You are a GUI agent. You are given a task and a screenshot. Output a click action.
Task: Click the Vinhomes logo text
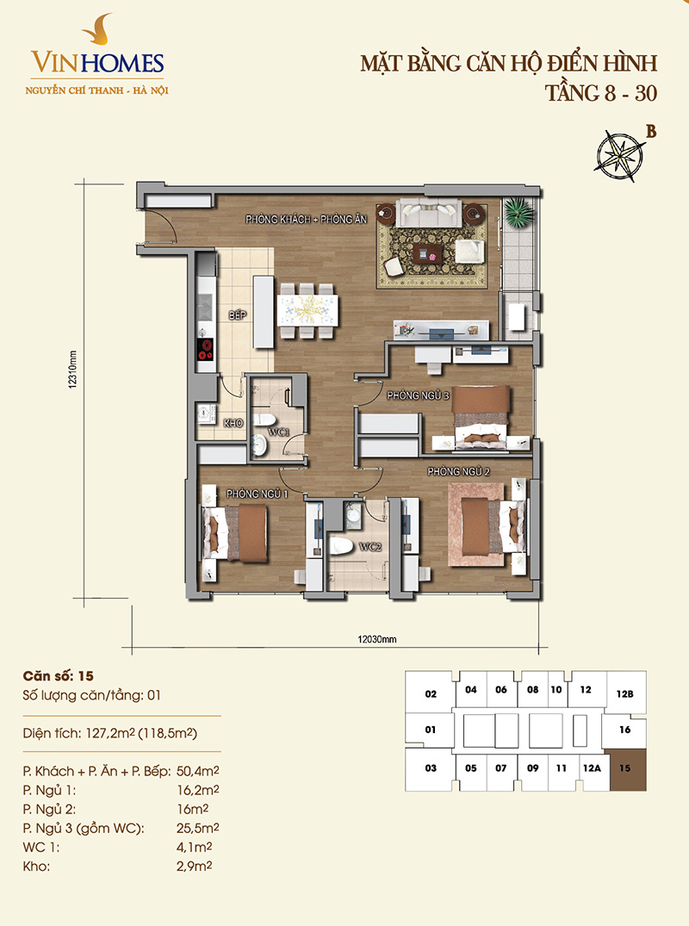pos(97,63)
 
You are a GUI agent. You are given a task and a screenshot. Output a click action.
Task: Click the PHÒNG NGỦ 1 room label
pos(257,493)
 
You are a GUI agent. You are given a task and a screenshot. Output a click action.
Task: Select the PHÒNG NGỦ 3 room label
pos(418,395)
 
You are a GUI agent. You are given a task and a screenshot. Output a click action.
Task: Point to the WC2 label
pos(370,547)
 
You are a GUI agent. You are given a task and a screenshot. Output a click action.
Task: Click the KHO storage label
pos(233,423)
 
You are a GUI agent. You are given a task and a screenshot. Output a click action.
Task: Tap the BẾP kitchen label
pos(238,315)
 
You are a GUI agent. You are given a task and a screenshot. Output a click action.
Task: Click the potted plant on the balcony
pos(519,211)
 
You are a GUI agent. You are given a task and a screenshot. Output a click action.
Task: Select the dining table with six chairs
pos(307,311)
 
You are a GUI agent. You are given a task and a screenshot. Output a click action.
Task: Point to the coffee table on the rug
pos(428,255)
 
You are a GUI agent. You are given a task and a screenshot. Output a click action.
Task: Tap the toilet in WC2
pos(341,545)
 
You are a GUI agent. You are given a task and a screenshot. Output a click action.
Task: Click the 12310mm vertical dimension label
pos(72,369)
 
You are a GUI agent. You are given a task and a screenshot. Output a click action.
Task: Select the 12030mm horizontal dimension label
pos(376,639)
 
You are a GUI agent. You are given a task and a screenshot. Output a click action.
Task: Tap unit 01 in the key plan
pos(431,730)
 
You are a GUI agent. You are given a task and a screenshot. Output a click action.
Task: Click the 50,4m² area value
pos(198,771)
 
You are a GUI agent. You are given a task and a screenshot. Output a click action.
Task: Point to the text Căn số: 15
pos(58,676)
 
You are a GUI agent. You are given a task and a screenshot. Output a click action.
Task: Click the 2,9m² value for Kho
pos(195,867)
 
